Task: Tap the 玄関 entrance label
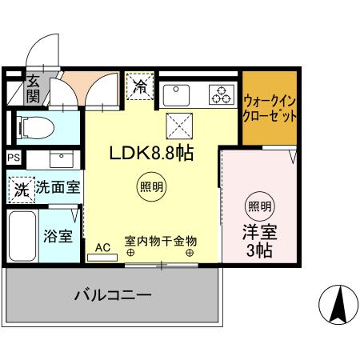[x=32, y=88]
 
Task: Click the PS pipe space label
[x=14, y=158]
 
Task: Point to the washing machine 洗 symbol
[x=22, y=189]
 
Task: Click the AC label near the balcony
[x=102, y=247]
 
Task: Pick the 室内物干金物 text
[x=160, y=240]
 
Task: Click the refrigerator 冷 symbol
[x=139, y=84]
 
